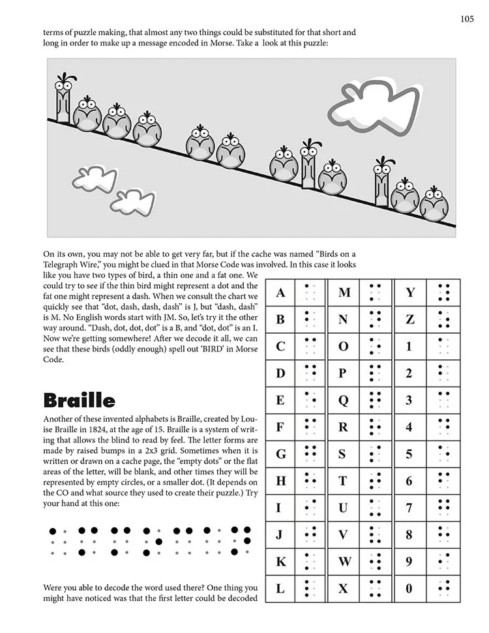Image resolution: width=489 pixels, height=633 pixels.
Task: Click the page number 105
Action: coord(466,19)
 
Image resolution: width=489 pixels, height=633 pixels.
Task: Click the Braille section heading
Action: coord(79,400)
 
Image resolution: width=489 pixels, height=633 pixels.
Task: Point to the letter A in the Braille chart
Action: coord(280,293)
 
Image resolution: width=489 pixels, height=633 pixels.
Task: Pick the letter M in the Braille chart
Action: coord(344,293)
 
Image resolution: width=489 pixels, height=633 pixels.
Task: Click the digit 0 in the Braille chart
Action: coord(409,588)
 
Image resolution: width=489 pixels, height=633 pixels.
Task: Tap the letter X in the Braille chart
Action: coord(344,588)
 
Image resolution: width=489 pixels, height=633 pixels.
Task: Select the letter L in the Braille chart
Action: coord(280,588)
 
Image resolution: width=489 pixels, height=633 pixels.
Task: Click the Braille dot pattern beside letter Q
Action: coord(375,400)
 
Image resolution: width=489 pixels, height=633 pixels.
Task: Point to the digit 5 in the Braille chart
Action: coord(409,454)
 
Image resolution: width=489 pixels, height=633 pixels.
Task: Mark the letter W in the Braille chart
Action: coord(344,561)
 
